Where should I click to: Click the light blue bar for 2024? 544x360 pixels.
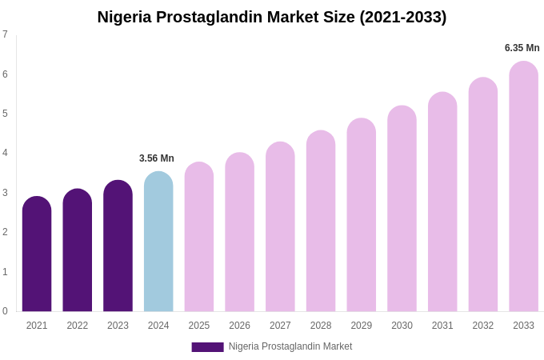[x=158, y=242]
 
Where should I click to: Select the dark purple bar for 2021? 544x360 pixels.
[x=37, y=254]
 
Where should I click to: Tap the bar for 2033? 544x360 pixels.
[x=523, y=186]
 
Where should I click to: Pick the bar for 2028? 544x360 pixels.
[x=321, y=221]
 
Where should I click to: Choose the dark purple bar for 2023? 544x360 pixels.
[x=118, y=246]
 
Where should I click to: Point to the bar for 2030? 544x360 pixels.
[x=402, y=209]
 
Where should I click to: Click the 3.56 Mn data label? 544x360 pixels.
[x=157, y=158]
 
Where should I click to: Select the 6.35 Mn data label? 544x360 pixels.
[x=522, y=48]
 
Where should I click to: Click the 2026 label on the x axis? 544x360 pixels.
[x=239, y=326]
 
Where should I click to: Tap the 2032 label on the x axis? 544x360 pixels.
[x=482, y=326]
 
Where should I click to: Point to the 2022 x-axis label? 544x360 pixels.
[x=78, y=326]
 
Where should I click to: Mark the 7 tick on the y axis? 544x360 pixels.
[x=5, y=34]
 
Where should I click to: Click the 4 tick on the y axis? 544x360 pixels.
[x=5, y=153]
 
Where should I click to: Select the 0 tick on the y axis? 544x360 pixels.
[x=5, y=311]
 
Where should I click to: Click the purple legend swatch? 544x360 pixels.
[x=207, y=347]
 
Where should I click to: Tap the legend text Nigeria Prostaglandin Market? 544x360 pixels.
[x=290, y=346]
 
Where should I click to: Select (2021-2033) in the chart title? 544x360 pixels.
[x=403, y=17]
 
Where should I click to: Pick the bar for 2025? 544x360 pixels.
[x=199, y=237]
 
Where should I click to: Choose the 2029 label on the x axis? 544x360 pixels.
[x=361, y=326]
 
